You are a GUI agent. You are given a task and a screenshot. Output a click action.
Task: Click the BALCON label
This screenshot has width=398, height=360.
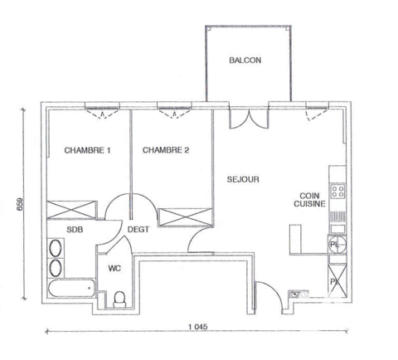coord(245,61)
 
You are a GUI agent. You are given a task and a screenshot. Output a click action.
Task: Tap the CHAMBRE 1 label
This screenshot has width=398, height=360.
coord(87,150)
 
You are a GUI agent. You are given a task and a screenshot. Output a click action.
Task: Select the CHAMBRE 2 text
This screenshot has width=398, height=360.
coord(166,150)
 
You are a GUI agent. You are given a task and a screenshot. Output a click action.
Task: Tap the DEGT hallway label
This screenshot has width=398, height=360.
coord(138,229)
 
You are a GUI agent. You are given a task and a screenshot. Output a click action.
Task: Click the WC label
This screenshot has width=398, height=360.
coord(114,269)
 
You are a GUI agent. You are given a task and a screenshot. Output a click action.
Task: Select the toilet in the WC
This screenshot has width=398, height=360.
coord(119,297)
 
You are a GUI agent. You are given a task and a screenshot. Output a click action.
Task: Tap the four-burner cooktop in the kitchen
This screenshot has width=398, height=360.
coord(337,192)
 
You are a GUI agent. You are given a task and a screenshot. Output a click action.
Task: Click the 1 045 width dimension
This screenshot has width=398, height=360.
coord(197,326)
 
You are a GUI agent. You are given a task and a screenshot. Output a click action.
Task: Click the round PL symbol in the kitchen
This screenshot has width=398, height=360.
coord(334,244)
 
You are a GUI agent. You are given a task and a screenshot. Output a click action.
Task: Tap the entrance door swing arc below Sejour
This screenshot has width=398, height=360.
coord(265,296)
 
